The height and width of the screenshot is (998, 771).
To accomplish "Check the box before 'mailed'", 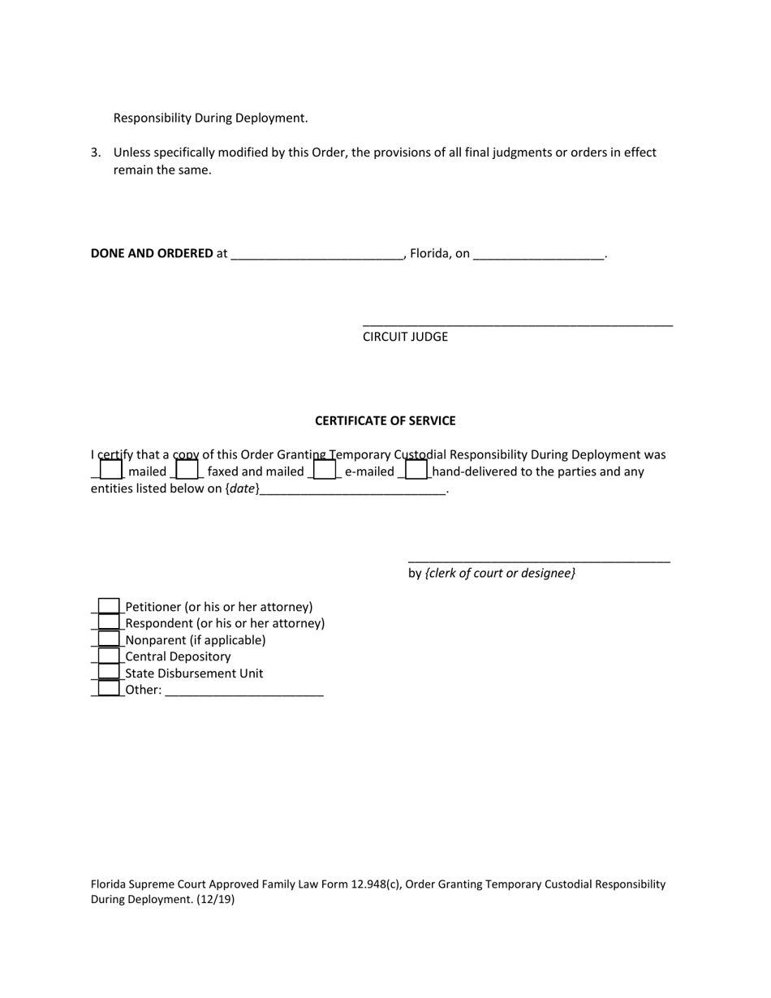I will [111, 470].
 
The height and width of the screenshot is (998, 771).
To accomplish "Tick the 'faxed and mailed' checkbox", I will [187, 470].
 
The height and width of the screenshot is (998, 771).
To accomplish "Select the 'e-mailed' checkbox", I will [325, 470].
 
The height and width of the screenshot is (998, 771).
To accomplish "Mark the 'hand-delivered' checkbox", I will [416, 470].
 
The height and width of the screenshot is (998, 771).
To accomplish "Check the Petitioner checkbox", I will [109, 606].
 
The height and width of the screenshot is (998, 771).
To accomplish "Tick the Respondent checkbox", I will [109, 623].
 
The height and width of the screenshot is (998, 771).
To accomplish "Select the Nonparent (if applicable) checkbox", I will [109, 639].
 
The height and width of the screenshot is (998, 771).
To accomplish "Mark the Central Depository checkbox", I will [109, 656].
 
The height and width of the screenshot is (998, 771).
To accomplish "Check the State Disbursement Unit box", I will [109, 673].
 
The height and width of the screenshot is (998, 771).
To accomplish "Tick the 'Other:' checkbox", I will [109, 689].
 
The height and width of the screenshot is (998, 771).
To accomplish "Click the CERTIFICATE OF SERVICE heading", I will [385, 420].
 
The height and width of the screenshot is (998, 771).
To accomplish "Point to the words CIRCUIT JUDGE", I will [405, 337].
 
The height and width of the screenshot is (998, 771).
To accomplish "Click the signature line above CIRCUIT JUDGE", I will [517, 324].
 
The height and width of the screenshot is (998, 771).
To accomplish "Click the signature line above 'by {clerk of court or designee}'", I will [538, 560].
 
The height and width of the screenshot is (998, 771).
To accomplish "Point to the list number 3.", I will [95, 153].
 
